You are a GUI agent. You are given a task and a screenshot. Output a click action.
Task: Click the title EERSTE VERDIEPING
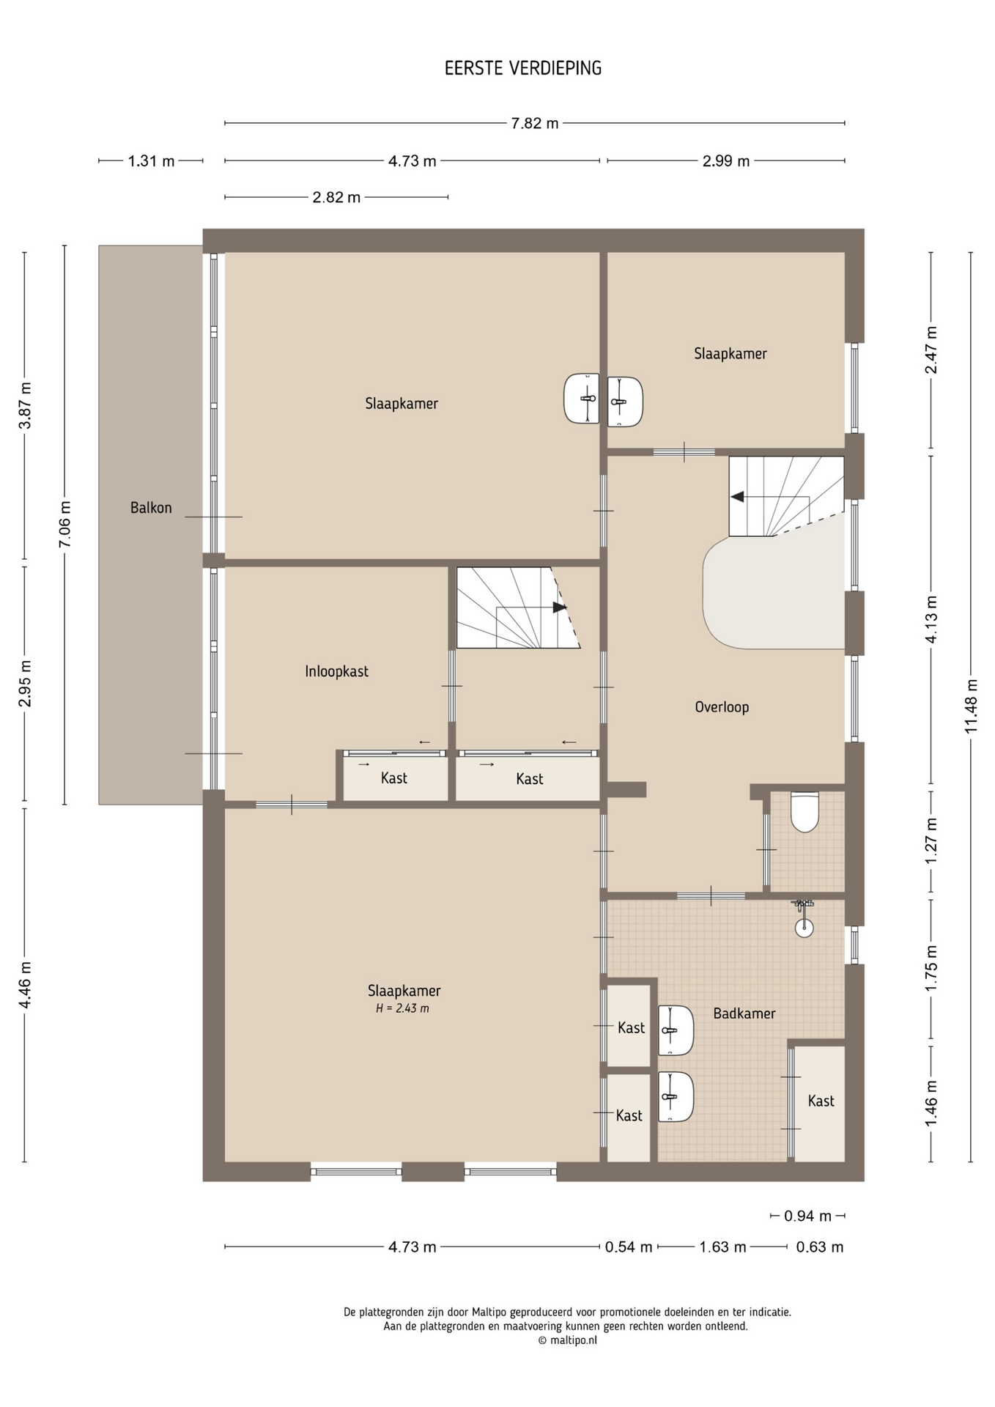(523, 68)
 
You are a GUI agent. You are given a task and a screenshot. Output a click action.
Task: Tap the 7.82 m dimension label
(535, 123)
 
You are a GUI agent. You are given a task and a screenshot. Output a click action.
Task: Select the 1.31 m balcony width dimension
(151, 161)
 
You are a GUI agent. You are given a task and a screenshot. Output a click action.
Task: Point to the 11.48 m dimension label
(971, 706)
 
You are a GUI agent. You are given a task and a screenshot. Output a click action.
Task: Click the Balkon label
(151, 507)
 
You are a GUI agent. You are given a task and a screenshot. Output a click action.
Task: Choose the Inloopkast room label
(336, 671)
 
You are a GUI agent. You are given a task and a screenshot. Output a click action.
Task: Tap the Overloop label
(722, 707)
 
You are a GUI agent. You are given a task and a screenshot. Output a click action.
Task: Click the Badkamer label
(744, 1013)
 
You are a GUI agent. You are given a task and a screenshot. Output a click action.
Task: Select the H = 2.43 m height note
(402, 1008)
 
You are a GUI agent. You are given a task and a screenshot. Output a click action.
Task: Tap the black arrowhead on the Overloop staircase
(737, 497)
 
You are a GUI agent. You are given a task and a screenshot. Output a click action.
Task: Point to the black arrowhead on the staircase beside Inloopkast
(560, 608)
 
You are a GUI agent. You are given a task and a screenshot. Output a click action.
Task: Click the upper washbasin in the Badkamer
(675, 1030)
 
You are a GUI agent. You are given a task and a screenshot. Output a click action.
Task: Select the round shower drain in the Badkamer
(804, 928)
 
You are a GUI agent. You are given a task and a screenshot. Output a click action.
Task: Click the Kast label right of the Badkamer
(821, 1101)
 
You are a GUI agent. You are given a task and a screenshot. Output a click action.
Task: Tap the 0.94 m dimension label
(807, 1216)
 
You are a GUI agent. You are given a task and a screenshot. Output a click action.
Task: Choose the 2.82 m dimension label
(336, 197)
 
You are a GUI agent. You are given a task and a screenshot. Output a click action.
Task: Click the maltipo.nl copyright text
(568, 1340)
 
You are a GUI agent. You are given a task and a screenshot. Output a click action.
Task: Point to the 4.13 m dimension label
(931, 619)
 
